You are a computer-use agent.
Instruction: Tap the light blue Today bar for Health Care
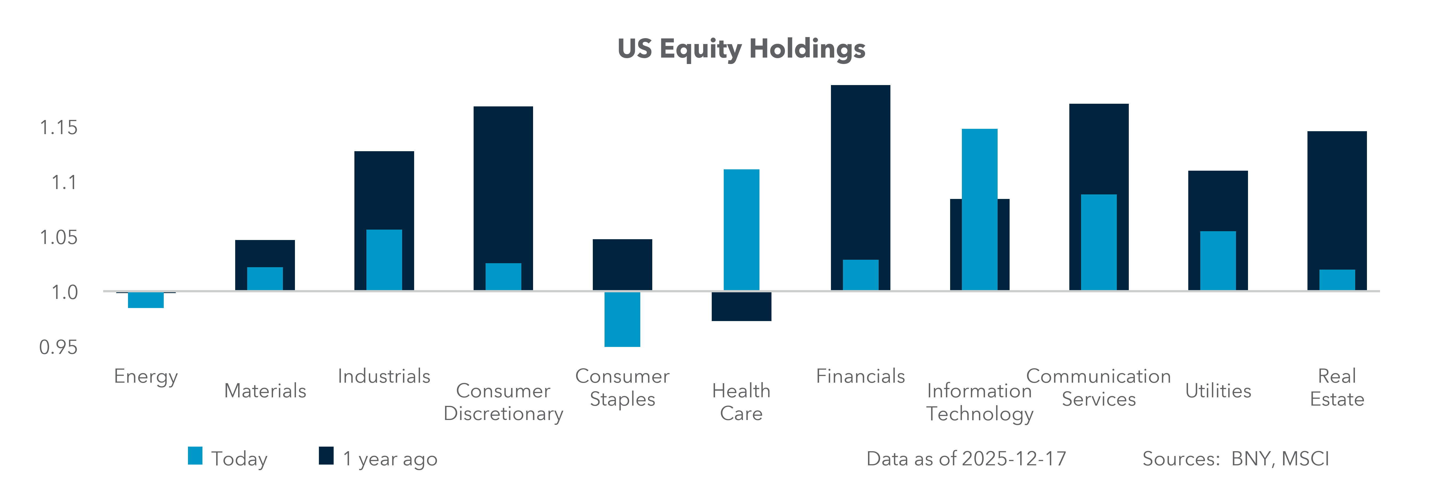pyautogui.click(x=741, y=229)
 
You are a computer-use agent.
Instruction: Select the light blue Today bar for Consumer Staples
pyautogui.click(x=622, y=319)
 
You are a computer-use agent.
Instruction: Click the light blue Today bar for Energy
pyautogui.click(x=146, y=300)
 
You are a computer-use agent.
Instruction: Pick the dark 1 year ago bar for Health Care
pyautogui.click(x=741, y=307)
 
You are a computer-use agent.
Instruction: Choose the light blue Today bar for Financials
pyautogui.click(x=860, y=275)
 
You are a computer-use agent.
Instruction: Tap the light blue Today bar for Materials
pyautogui.click(x=265, y=278)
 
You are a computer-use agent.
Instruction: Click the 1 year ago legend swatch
pyautogui.click(x=326, y=456)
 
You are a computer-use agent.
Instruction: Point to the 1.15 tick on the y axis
pyautogui.click(x=58, y=127)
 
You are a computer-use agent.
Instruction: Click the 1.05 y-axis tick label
pyautogui.click(x=58, y=238)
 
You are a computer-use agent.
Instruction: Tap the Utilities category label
pyautogui.click(x=1218, y=391)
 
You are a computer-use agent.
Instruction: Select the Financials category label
pyautogui.click(x=860, y=376)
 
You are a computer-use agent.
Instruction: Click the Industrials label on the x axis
pyautogui.click(x=384, y=376)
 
